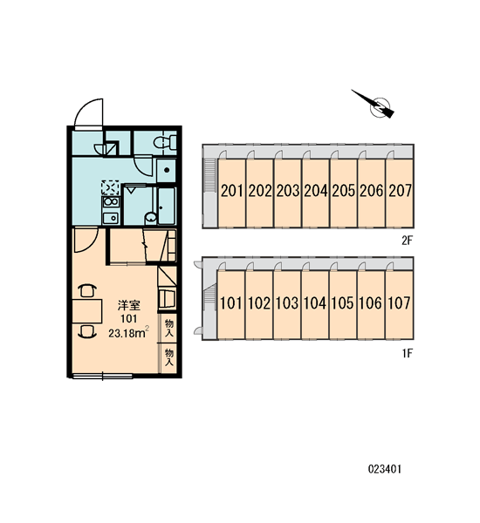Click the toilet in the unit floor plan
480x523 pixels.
(166, 142)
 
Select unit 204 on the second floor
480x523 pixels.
(316, 193)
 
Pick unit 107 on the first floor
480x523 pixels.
(399, 304)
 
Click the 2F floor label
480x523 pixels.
(408, 241)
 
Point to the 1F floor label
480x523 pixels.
(408, 353)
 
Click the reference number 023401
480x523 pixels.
(385, 469)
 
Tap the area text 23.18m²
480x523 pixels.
(128, 333)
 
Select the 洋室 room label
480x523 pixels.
(128, 305)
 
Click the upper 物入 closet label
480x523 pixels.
(169, 328)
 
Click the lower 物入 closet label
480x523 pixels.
(169, 357)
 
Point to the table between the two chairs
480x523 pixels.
(87, 311)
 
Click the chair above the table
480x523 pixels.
(87, 290)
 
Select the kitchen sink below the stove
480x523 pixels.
(111, 218)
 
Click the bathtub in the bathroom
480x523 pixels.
(167, 207)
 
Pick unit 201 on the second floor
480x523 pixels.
(232, 193)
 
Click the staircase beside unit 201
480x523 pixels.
(210, 175)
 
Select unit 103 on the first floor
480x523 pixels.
(287, 304)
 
